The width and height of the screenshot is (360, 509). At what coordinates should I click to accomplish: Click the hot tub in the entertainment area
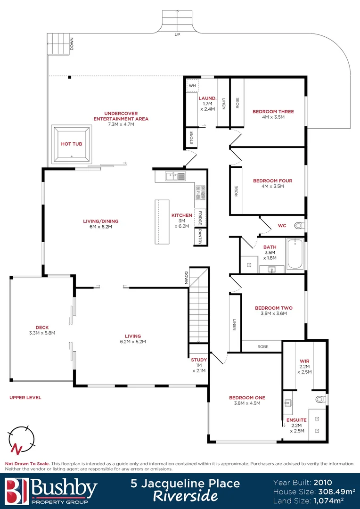click(72, 144)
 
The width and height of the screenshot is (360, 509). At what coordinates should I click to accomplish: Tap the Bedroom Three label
click(273, 112)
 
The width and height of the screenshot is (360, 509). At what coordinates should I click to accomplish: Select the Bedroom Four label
click(272, 181)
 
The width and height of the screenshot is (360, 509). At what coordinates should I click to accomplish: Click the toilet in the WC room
click(299, 226)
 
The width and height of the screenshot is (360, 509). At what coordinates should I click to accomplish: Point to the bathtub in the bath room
click(295, 254)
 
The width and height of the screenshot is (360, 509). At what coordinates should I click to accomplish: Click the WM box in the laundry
click(192, 86)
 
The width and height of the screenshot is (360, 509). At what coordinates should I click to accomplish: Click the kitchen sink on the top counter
click(175, 176)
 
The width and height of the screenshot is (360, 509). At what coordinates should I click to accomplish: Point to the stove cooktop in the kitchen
click(201, 191)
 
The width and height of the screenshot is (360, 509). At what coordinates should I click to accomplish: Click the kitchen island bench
click(162, 222)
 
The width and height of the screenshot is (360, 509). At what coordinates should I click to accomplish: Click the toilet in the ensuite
click(320, 400)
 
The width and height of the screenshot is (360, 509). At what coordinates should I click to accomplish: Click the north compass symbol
click(21, 439)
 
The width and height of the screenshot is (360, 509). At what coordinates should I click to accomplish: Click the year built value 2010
click(322, 482)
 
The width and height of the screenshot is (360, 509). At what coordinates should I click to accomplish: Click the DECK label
click(42, 328)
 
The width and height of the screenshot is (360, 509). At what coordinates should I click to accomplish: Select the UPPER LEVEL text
click(25, 397)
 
